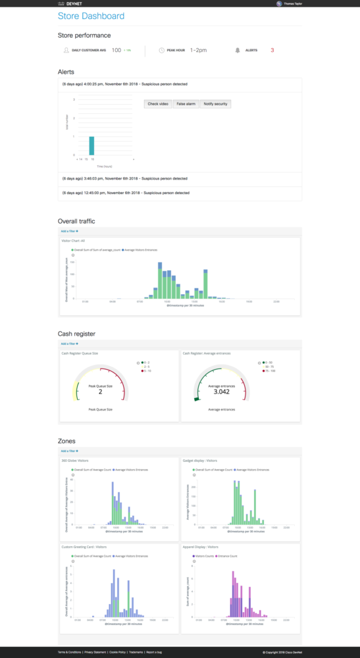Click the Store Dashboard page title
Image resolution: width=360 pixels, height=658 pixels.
click(x=91, y=16)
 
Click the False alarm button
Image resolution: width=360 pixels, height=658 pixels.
click(x=186, y=104)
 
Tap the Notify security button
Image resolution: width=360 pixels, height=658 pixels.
click(x=215, y=104)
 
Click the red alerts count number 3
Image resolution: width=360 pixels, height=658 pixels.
click(x=272, y=50)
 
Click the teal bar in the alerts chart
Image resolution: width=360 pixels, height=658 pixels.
click(x=92, y=145)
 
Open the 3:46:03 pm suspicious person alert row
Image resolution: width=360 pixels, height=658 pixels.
click(x=124, y=178)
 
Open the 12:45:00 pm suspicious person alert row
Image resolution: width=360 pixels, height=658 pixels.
click(x=125, y=193)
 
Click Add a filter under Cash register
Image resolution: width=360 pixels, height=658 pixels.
click(x=70, y=343)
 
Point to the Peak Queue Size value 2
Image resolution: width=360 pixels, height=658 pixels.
click(x=100, y=392)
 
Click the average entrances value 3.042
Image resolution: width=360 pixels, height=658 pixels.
click(x=222, y=392)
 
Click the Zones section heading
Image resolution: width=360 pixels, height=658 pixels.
click(x=66, y=441)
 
